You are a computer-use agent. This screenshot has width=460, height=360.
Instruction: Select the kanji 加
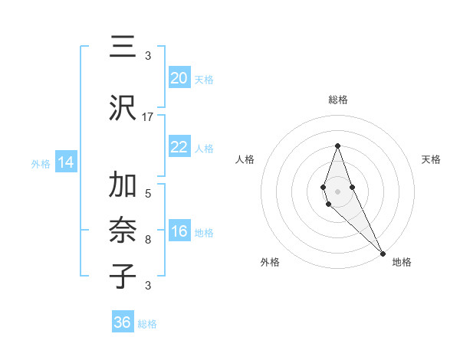point(123,186)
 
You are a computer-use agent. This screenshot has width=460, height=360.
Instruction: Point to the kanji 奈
point(123,230)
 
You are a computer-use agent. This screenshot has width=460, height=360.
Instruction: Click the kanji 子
point(123,276)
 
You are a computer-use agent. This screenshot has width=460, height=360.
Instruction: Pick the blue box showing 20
point(179,78)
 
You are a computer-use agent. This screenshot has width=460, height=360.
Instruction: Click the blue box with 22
point(179,148)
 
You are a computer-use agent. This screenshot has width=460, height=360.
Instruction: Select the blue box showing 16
point(179,232)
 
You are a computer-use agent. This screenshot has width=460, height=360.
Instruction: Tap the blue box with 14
point(65,162)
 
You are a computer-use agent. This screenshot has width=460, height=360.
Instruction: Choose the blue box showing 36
point(123,322)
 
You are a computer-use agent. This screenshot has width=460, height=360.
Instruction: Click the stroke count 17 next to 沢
point(148,117)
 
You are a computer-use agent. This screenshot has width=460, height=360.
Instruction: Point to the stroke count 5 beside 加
point(148,193)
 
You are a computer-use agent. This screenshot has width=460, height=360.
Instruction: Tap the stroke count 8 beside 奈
point(148,240)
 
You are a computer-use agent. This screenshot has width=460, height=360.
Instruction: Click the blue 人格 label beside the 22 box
point(204,149)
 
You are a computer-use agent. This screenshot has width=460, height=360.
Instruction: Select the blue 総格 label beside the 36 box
point(147,324)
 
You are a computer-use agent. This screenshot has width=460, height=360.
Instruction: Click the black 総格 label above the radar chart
point(337,100)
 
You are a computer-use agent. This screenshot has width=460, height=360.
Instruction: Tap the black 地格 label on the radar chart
point(402,262)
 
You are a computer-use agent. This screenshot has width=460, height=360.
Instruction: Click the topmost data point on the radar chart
point(337,146)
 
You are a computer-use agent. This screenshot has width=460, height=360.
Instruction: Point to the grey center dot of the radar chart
point(337,191)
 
